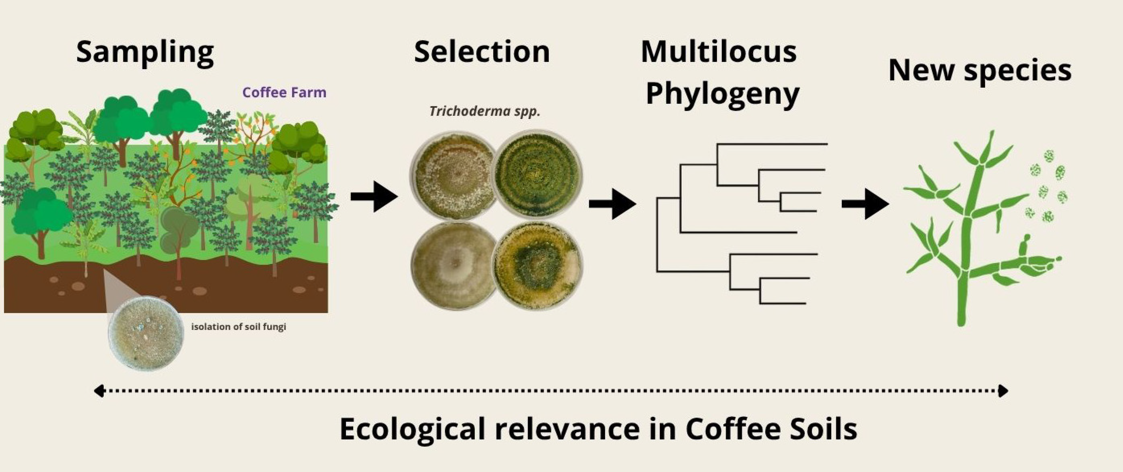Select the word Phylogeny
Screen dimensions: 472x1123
722,94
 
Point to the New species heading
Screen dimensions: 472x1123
980,71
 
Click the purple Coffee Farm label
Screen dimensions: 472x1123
284,92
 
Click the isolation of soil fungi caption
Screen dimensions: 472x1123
238,326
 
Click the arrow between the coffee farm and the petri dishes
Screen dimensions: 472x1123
374,197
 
